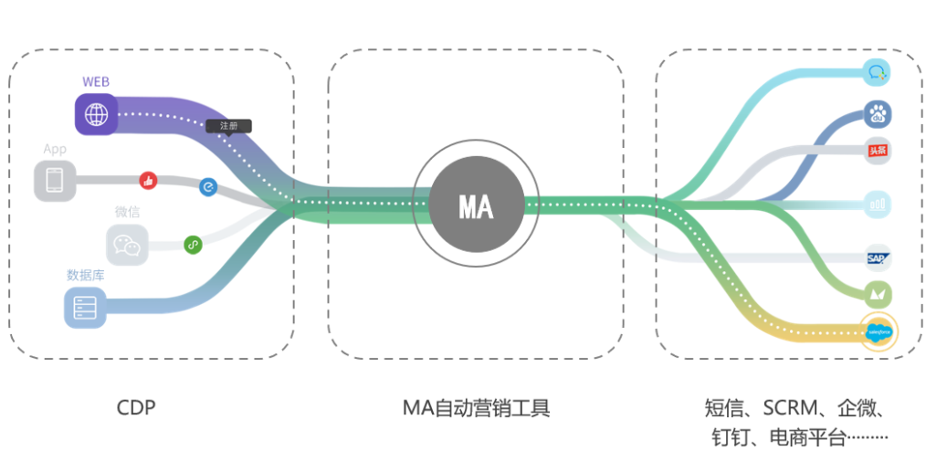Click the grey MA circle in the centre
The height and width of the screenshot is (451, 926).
tap(475, 206)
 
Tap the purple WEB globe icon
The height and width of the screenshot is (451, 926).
tap(95, 114)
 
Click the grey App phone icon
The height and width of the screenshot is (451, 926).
tap(54, 179)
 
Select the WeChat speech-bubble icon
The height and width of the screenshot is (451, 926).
tap(126, 245)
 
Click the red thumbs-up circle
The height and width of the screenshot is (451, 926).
tap(147, 180)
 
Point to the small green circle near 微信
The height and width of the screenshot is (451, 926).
tap(193, 244)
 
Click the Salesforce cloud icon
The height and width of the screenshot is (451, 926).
tap(879, 332)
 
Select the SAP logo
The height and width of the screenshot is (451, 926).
tap(879, 260)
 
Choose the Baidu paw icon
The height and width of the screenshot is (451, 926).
tap(879, 115)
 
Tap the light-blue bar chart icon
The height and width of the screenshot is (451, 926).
tap(879, 205)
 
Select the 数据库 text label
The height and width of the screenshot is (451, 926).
tap(85, 274)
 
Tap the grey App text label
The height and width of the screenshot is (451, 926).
tap(55, 149)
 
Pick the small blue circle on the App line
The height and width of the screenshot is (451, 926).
tap(208, 187)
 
